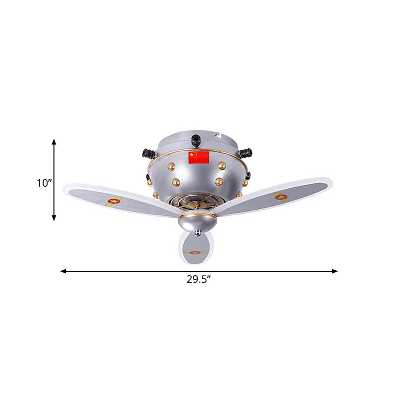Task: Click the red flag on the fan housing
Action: [x=199, y=157]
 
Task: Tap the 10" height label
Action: [x=44, y=183]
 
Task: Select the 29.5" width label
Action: [x=199, y=279]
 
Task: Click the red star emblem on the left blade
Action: [x=114, y=201]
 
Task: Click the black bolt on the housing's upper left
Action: [x=147, y=153]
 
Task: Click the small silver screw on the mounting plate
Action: [x=216, y=133]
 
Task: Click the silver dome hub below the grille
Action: [x=197, y=223]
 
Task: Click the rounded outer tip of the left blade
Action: [x=66, y=190]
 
